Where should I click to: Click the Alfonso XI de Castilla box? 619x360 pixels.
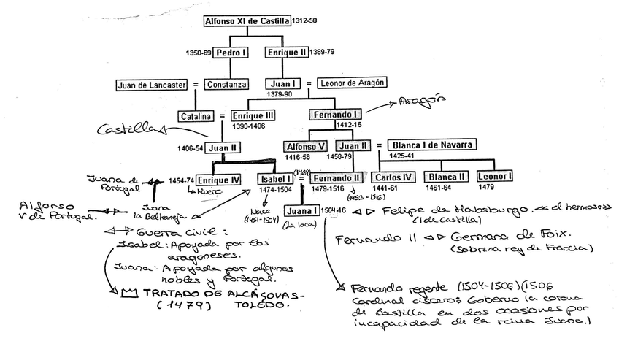pos(247,21)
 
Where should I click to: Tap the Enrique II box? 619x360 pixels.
pos(286,53)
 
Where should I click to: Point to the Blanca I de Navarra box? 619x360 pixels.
pos(433,145)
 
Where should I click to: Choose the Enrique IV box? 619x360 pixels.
pos(220,179)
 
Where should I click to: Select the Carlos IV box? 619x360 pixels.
pos(393,177)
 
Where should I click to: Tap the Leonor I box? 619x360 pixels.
pos(495,177)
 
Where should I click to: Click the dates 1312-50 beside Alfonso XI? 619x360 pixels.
pos(304,22)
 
